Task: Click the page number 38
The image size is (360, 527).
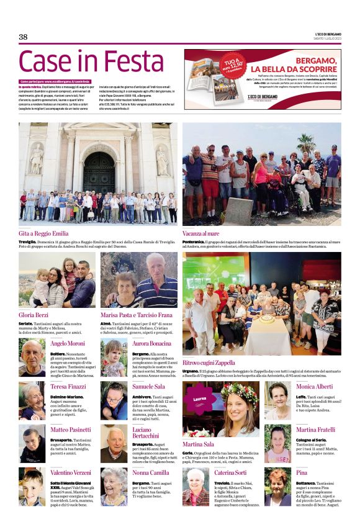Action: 23,37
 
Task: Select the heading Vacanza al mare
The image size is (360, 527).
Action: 203,233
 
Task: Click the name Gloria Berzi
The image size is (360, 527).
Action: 34,315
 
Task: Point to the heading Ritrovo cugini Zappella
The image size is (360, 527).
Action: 209,363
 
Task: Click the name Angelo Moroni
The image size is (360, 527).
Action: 68,343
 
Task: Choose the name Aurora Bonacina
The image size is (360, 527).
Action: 151,343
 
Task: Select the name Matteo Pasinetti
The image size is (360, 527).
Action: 70,429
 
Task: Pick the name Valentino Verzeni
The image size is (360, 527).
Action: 70,472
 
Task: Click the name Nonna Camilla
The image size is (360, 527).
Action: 150,472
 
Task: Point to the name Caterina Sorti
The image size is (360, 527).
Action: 231,472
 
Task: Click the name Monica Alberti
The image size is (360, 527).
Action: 315,386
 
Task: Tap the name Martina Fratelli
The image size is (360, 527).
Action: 315,430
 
